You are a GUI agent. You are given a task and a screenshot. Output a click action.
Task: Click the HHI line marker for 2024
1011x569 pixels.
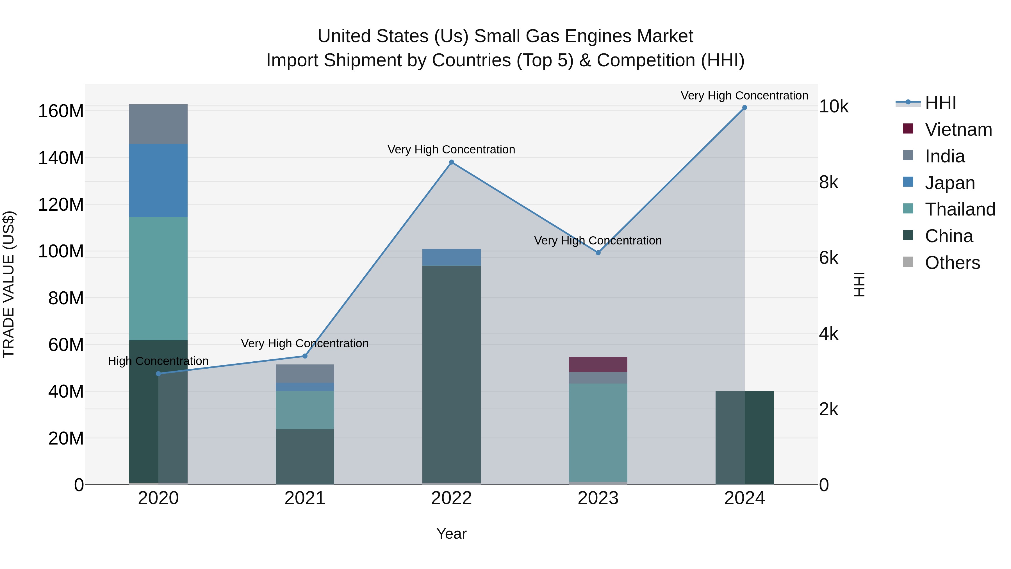point(744,108)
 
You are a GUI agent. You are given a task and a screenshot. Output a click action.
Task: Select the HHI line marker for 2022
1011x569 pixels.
point(451,162)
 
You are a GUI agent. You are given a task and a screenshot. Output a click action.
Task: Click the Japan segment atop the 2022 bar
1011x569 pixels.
point(451,257)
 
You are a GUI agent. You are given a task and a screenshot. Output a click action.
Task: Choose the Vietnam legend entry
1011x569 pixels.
point(958,130)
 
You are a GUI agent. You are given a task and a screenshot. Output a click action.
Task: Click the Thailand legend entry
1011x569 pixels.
point(960,209)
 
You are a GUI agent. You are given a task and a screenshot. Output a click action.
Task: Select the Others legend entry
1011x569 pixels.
point(952,263)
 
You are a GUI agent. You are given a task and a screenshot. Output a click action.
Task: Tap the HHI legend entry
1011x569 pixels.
point(940,103)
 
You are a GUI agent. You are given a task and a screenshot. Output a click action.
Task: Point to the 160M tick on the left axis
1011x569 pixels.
point(61,111)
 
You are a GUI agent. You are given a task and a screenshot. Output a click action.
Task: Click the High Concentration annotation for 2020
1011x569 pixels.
point(158,361)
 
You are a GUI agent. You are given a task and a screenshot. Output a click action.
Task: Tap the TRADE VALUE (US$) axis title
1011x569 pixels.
point(9,284)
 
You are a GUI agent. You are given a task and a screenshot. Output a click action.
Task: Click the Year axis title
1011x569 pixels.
point(451,534)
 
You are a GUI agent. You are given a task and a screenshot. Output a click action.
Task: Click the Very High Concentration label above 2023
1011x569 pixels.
point(598,240)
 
